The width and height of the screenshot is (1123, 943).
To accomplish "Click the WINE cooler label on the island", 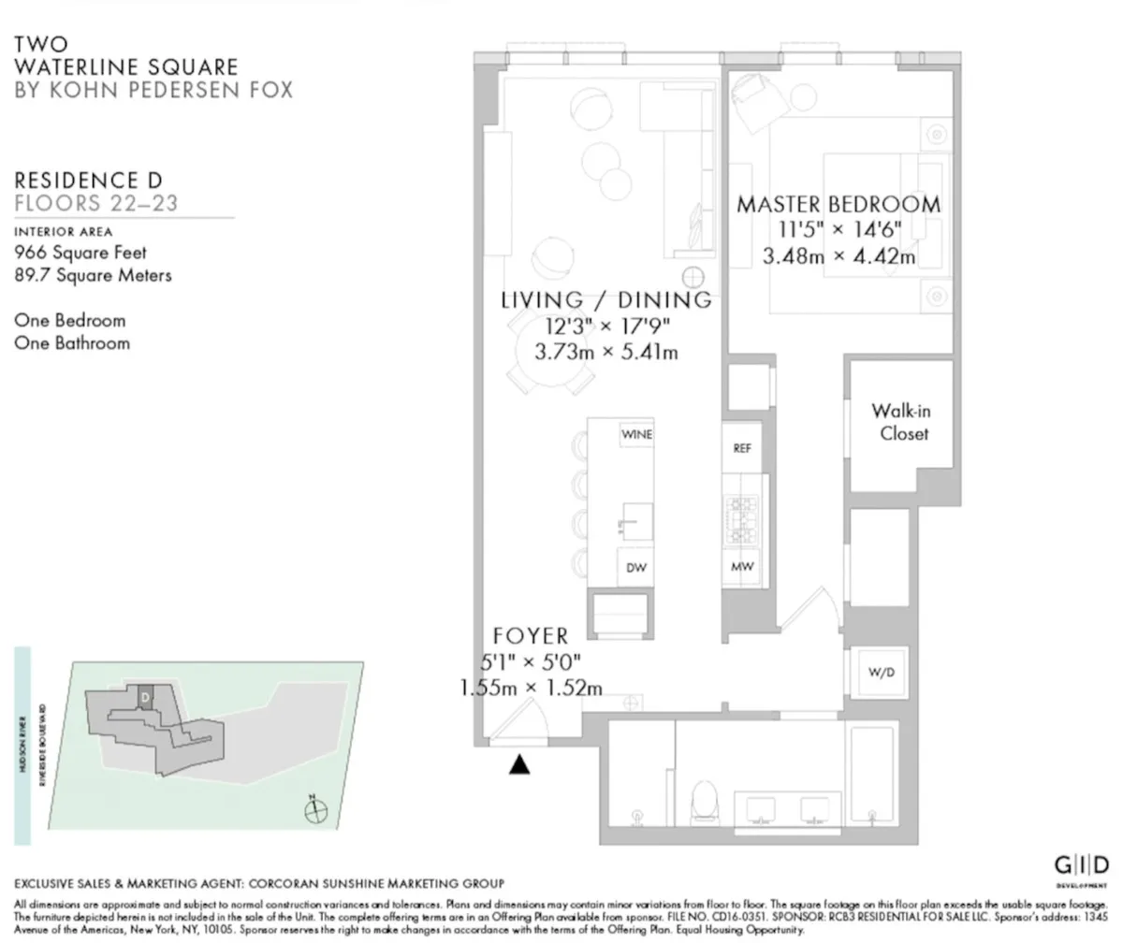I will click(636, 434).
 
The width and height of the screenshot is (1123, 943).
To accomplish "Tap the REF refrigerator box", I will click(742, 448).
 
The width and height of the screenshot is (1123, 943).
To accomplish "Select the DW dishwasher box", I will click(636, 568).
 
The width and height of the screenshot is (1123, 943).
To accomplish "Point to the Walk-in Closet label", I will click(900, 422).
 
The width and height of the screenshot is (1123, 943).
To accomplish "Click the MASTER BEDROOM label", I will click(838, 204).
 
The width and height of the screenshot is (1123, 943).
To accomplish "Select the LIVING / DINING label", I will click(606, 300).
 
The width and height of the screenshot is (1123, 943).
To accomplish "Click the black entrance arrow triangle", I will click(519, 764).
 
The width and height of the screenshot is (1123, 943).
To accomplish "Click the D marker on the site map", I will click(145, 697).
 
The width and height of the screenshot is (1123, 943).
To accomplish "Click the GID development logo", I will click(1082, 864).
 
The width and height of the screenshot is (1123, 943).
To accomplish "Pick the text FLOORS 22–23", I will click(95, 203).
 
